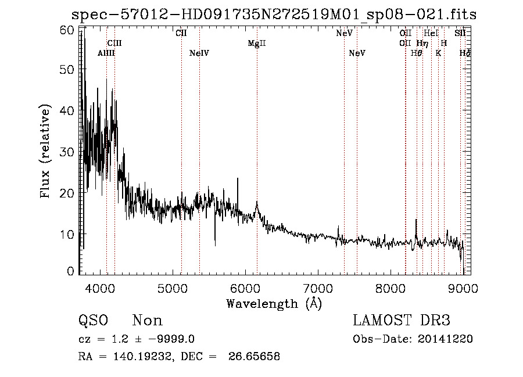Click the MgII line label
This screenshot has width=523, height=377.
[x=257, y=44]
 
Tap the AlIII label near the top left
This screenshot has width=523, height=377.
[x=106, y=53]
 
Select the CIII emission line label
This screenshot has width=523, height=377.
[x=114, y=44]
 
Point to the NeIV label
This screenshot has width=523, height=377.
[x=199, y=53]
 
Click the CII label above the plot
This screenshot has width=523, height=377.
[x=181, y=34]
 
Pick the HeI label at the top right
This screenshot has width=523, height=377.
[x=431, y=34]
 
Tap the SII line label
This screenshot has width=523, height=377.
[x=460, y=34]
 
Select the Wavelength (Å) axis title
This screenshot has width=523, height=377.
[x=274, y=303]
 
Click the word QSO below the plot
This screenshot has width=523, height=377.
[x=92, y=321]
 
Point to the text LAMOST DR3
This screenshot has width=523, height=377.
[x=402, y=321]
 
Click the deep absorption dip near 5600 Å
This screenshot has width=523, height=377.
[x=215, y=244]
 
